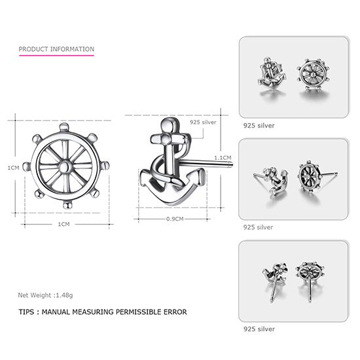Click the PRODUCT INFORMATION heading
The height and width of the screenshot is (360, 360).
(56, 49)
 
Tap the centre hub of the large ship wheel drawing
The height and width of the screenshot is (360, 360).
(63, 166)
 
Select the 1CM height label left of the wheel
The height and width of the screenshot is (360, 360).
(13, 168)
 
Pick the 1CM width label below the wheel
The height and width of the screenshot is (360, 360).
(63, 224)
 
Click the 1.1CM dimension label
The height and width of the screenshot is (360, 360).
(223, 157)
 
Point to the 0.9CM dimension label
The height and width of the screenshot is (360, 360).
(174, 218)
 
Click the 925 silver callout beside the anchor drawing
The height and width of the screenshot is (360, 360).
(202, 122)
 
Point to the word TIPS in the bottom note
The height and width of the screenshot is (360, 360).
(27, 313)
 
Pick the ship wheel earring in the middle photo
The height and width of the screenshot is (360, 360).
(312, 177)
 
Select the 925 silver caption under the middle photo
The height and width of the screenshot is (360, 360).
(259, 228)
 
